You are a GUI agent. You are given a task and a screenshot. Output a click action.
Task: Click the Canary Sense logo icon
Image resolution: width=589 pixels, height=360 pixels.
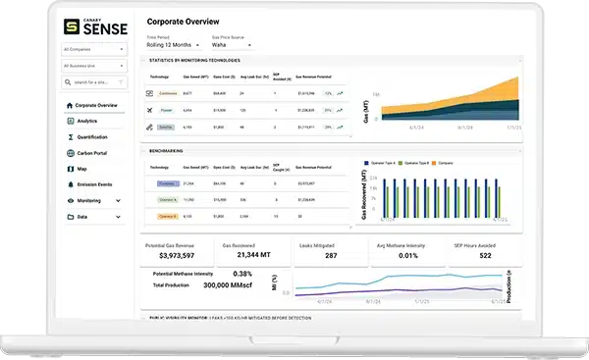[72, 26]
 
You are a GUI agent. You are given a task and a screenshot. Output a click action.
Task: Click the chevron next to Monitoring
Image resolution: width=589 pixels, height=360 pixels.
[119, 200]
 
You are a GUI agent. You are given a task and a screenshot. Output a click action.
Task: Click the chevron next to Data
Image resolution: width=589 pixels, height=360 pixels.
[119, 216]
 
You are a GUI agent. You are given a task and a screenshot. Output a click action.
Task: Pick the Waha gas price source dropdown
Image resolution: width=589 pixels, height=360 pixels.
[231, 44]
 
